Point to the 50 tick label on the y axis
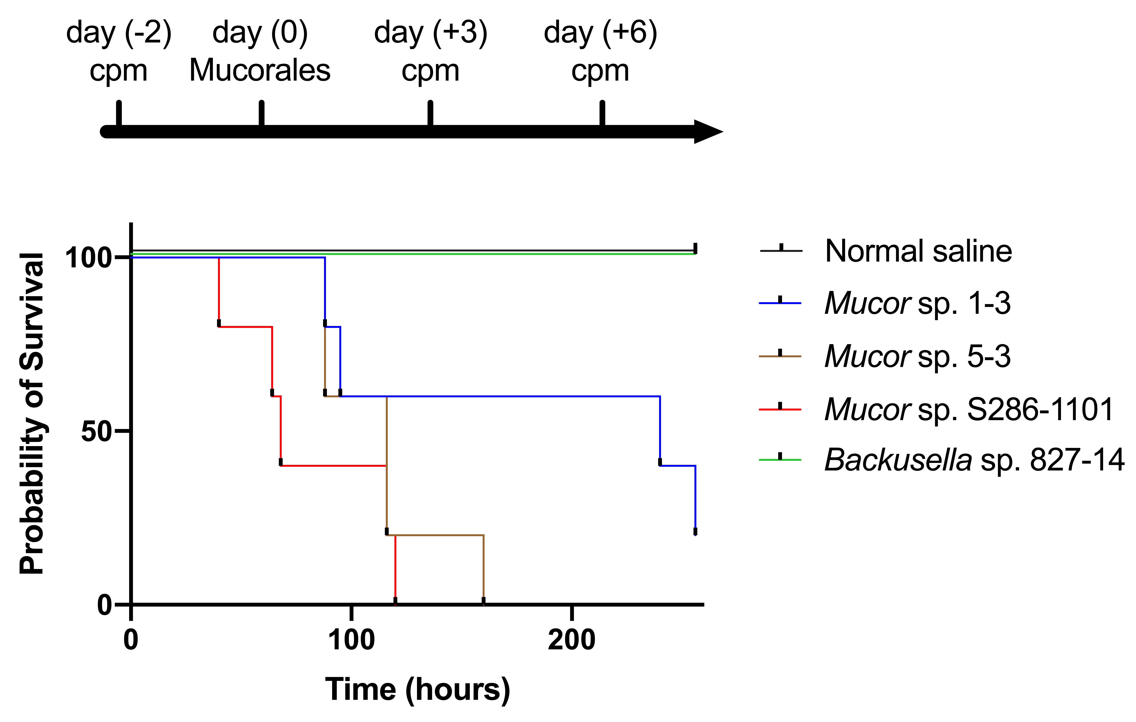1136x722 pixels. point(96,431)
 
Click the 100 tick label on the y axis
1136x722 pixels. point(88,258)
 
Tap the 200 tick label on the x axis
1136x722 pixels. point(571,640)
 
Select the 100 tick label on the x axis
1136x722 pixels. point(351,640)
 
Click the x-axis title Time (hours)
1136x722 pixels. point(418,690)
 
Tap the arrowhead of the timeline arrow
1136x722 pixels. point(708,132)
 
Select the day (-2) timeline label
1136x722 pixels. point(119,33)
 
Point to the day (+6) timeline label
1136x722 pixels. point(600,33)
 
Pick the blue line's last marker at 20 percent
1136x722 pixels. point(695,531)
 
